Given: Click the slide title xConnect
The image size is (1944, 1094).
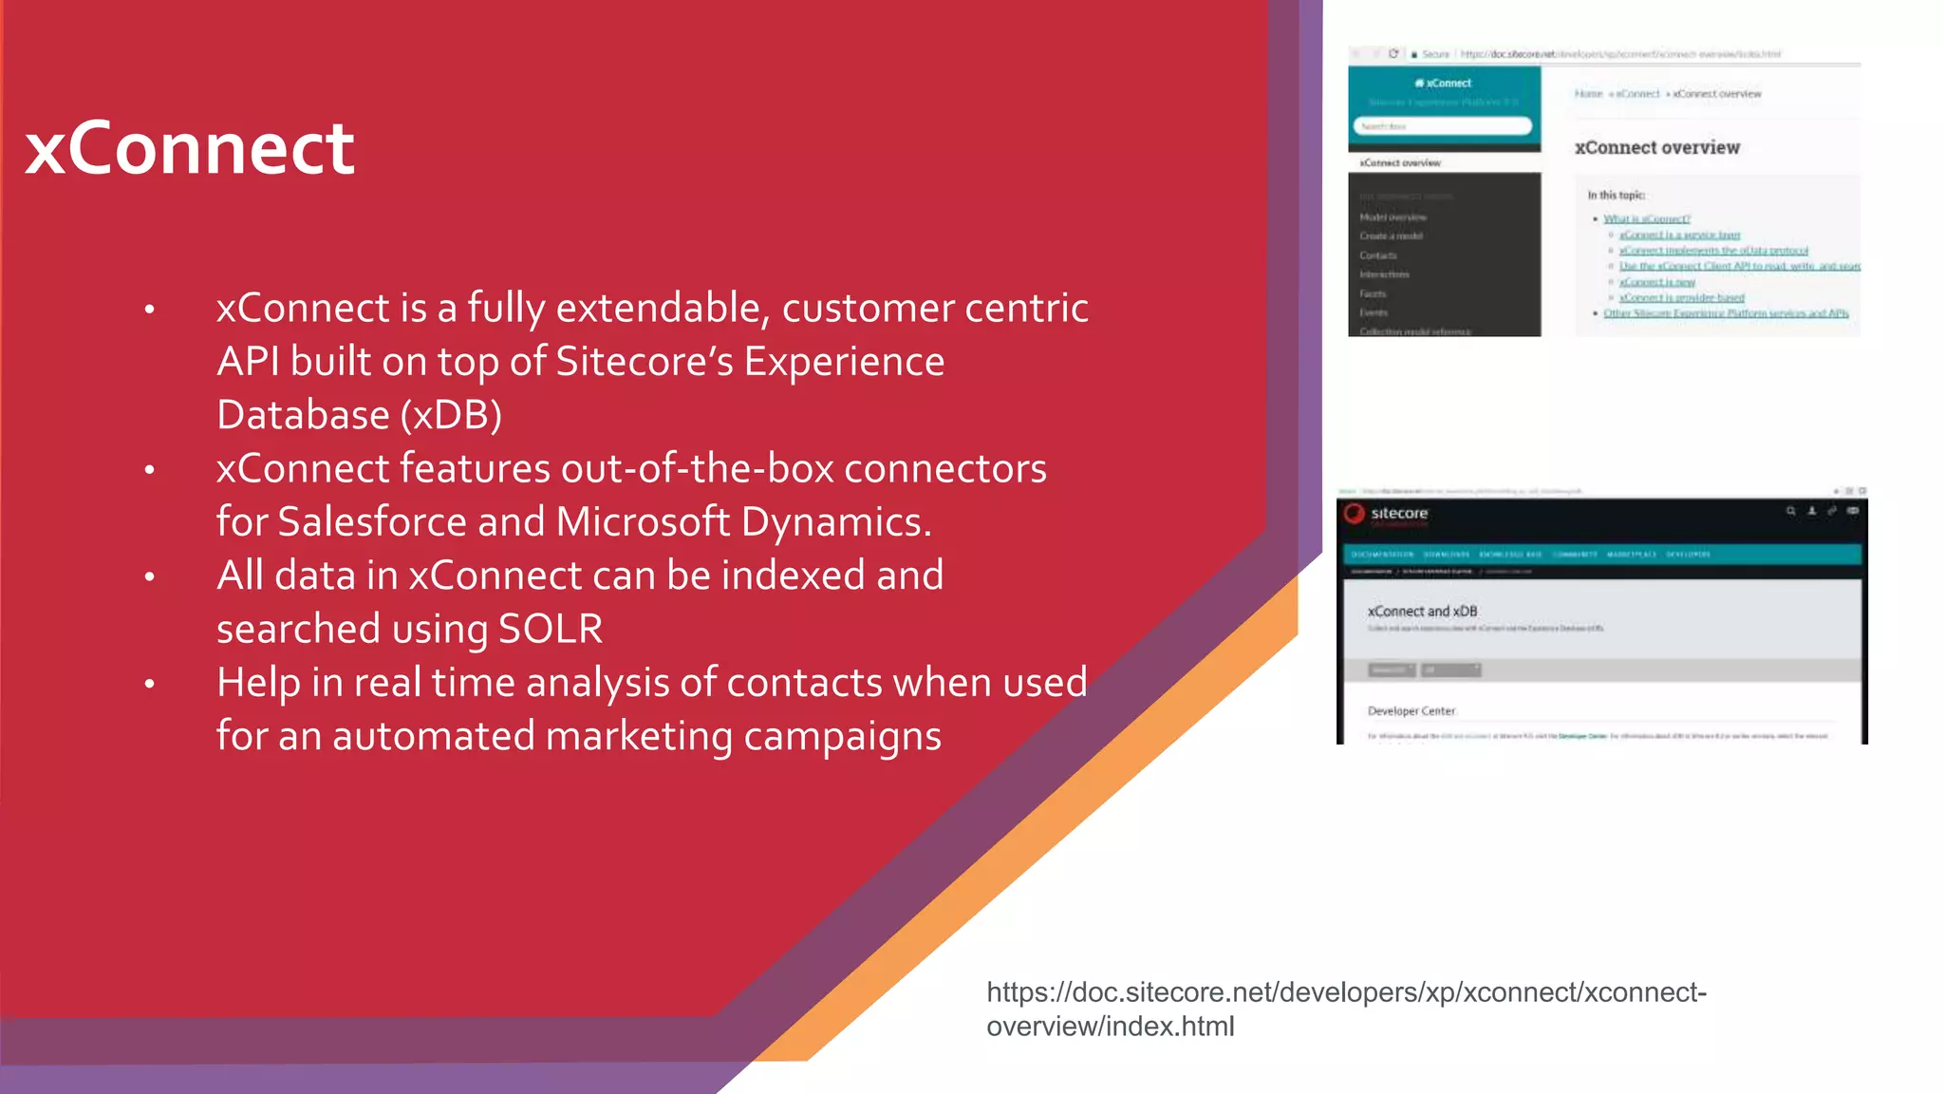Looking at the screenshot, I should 190,149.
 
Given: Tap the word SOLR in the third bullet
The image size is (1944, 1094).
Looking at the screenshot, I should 551,630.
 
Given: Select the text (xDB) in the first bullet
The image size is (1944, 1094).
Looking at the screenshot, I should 451,416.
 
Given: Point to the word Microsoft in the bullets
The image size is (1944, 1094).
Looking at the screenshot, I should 643,522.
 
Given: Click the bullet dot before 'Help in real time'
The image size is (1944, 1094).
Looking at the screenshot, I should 149,684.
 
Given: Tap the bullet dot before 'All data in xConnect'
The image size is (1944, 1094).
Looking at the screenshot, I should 149,576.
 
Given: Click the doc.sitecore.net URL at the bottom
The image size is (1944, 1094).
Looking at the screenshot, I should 1345,1009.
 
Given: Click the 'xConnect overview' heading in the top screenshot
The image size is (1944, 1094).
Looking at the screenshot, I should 1656,147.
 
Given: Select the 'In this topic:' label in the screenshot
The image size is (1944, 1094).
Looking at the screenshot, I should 1616,195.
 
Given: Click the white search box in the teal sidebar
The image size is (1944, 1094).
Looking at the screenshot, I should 1441,126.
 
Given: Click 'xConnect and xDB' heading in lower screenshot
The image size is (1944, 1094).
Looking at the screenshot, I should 1422,612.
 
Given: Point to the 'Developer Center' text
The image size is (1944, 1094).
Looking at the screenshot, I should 1411,710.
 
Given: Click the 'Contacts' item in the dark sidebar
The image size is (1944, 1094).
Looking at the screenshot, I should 1377,255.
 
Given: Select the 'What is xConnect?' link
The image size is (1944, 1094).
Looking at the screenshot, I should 1646,218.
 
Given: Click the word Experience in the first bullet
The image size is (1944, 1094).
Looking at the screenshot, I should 844,362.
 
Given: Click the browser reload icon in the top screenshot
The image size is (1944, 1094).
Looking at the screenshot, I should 1393,54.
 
